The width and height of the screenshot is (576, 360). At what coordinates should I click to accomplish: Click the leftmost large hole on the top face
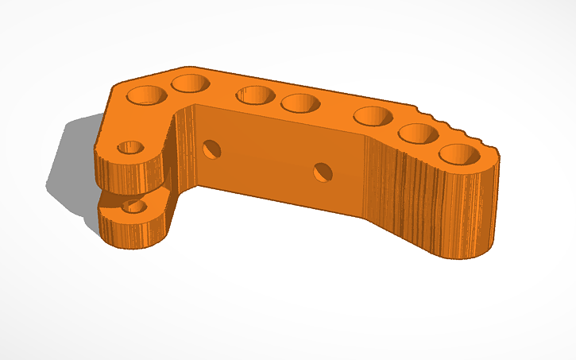pos(149,95)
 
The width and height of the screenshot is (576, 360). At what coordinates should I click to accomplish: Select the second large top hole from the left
pos(190,83)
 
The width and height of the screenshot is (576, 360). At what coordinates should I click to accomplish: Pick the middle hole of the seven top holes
pos(300,103)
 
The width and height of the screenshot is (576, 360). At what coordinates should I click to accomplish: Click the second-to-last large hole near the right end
pos(418,133)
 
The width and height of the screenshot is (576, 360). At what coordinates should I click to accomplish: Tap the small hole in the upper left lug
pos(130,148)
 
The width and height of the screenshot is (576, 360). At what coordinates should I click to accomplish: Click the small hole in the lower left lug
pos(134,207)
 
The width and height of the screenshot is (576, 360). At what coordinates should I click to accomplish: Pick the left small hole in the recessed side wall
pos(212,148)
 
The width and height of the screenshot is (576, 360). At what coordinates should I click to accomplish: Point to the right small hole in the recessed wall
pos(323,170)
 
